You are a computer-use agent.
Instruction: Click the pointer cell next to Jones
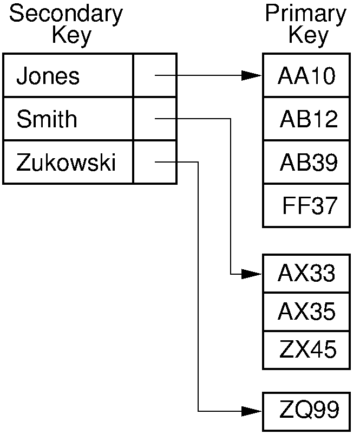coord(155,76)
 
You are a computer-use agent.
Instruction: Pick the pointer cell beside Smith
coord(155,119)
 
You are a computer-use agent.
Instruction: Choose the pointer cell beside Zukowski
coord(155,163)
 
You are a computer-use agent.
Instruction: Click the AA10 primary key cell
coord(306,76)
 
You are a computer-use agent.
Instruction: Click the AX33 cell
coord(306,274)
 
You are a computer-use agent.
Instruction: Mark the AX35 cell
coord(306,312)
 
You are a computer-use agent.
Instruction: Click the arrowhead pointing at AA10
coord(252,76)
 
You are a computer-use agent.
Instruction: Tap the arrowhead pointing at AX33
coord(252,274)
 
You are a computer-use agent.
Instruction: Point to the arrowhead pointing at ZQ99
coord(252,411)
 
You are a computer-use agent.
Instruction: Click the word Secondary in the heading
coord(66,15)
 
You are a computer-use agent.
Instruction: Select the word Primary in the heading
coord(305,15)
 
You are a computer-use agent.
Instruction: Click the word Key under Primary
coord(307,36)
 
